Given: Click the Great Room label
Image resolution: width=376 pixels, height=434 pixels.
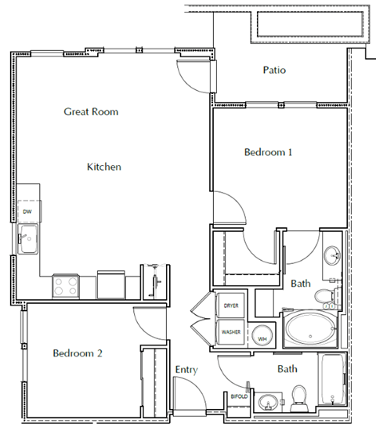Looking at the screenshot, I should point(91,112).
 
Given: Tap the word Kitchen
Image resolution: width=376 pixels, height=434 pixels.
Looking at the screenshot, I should point(103,167).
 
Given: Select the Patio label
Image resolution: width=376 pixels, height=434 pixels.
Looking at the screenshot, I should point(273,71).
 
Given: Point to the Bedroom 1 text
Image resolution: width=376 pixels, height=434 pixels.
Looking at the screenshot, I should point(268,152).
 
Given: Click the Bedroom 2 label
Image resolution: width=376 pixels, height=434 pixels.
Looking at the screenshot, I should point(78,353).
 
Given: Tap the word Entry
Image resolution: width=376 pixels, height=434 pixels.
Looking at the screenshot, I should point(186,370).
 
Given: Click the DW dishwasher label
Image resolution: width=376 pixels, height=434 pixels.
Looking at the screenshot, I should point(27,212).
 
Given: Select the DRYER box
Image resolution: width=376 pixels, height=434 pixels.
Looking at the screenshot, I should point(231,306).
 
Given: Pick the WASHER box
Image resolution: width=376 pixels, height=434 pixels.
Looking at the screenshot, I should point(230,332).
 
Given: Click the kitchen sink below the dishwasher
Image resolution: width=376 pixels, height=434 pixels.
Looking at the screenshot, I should point(29,241).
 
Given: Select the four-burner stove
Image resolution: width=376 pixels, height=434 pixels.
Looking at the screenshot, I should point(65,285).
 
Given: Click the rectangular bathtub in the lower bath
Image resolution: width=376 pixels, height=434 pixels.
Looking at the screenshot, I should point(331,382).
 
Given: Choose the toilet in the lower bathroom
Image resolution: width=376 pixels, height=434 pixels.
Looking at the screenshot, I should point(298,396).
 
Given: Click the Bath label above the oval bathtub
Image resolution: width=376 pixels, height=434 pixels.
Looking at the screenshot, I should point(301,283).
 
